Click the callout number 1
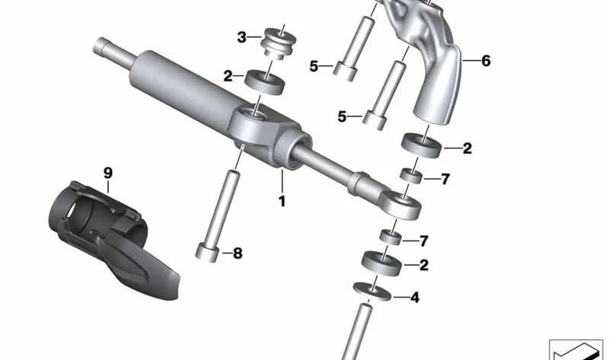tap(282, 202)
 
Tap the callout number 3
tap(241, 37)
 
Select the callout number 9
tap(108, 173)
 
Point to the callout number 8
tap(238, 253)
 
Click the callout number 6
tap(486, 61)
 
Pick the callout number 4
tap(415, 298)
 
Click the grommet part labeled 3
tap(279, 42)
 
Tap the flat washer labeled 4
tap(371, 292)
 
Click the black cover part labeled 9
tap(113, 237)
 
